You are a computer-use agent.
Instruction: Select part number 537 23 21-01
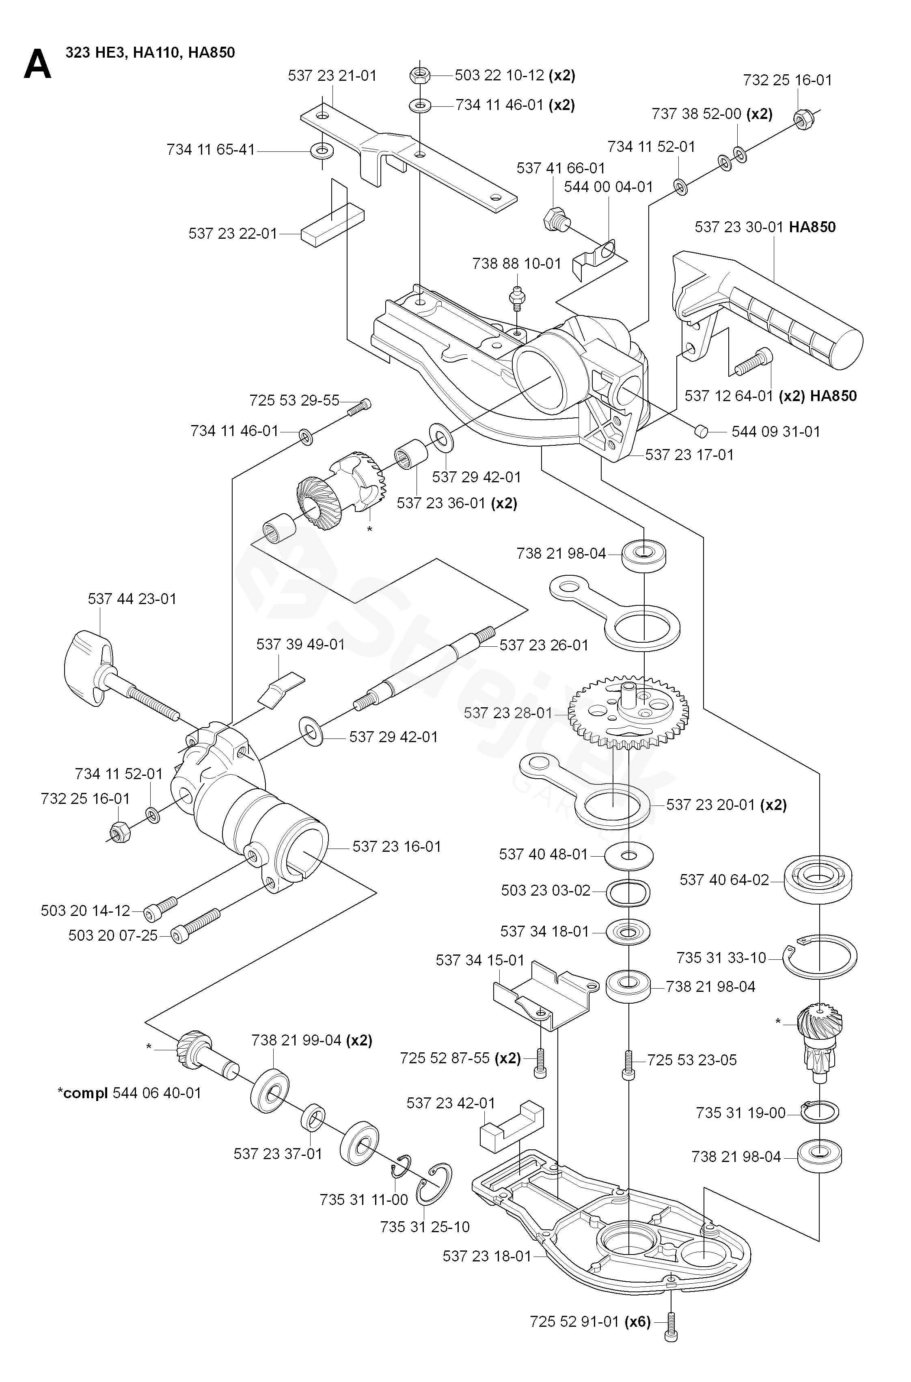(332, 76)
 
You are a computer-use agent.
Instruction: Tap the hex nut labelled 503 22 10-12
(419, 75)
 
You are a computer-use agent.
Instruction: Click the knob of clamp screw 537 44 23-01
(87, 664)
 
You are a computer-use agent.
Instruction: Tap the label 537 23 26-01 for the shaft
(544, 646)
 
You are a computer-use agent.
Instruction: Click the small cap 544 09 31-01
(701, 430)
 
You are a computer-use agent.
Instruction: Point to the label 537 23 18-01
(487, 1257)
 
